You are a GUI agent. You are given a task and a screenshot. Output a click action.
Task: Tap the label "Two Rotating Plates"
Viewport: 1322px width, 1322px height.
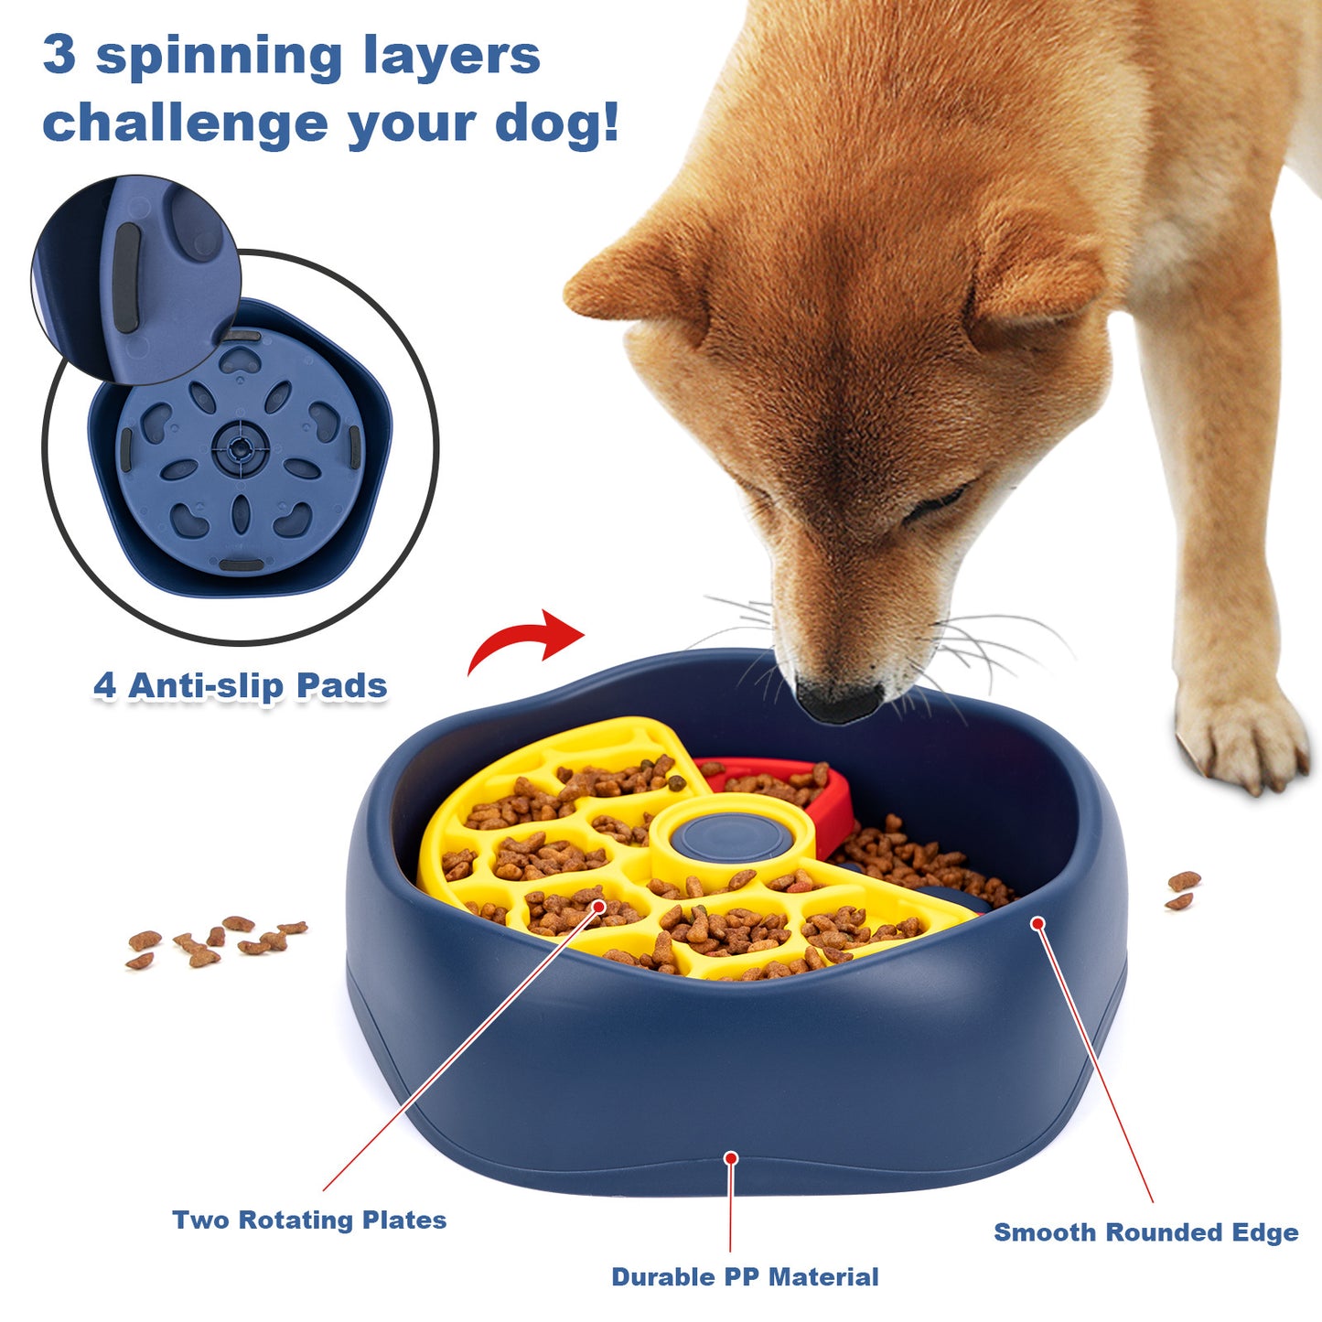point(309,1220)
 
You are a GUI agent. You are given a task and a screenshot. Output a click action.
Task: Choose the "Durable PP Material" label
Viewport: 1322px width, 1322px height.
point(745,1277)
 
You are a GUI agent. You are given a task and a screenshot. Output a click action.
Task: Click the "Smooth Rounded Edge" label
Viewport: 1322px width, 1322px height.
point(1145,1232)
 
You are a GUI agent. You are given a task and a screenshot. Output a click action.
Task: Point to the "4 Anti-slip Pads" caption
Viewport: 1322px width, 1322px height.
point(241,686)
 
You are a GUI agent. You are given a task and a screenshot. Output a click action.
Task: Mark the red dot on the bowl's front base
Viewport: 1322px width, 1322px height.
point(731,1158)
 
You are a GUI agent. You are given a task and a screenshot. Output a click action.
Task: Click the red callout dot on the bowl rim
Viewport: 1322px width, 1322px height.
point(1037,923)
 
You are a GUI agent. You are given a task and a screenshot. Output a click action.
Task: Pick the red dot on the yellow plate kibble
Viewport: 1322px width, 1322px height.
point(599,907)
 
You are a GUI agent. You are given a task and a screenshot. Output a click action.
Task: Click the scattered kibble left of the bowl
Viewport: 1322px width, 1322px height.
point(216,940)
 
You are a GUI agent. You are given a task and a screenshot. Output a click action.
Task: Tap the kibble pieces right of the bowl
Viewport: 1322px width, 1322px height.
point(1182,890)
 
